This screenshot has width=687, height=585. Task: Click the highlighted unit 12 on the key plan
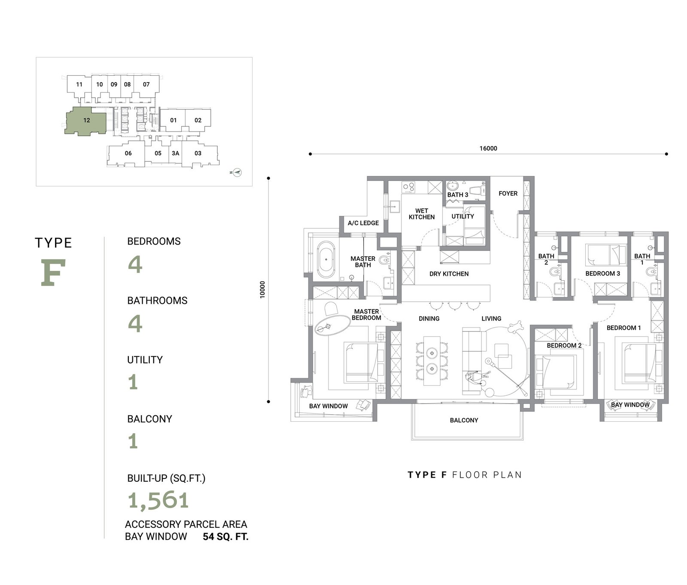coord(86,121)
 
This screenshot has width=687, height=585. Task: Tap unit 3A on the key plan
coord(175,153)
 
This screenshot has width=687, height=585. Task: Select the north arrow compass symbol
coord(237,172)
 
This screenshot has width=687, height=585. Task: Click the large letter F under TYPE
coord(54,273)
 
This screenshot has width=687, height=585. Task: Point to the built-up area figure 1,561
coord(158,500)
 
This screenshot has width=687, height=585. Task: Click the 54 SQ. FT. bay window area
coord(225,537)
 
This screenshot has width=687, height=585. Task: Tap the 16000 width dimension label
coord(488,148)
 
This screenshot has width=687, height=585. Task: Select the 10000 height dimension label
coord(263,290)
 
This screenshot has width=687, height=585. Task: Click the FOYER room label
coord(508,193)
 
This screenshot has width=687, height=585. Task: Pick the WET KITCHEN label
coord(422,214)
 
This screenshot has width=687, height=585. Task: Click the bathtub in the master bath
coord(326,260)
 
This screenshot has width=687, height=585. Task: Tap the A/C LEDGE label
coord(363,223)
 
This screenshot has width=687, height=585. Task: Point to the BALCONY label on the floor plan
coord(464,420)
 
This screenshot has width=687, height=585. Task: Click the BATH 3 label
coord(458,195)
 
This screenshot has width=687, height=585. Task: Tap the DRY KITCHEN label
coord(449,274)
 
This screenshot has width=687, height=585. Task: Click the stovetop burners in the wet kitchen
coord(408,187)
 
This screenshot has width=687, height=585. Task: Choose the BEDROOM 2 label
coord(564,346)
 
